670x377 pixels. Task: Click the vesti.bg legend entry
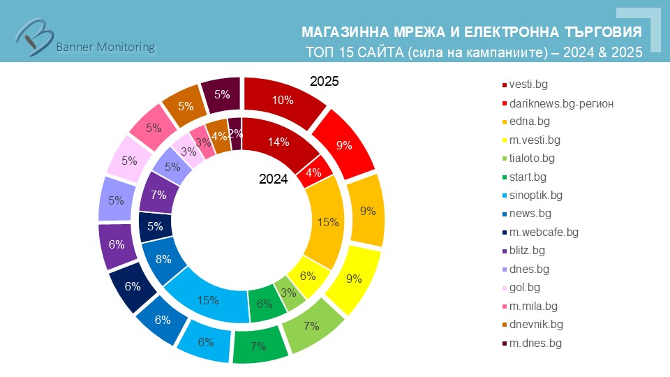coord(528,84)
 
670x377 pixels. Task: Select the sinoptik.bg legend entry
coord(536,195)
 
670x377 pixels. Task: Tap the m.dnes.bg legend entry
coord(535,343)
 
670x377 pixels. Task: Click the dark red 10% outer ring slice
coord(282,101)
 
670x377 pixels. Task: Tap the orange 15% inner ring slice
coord(326,221)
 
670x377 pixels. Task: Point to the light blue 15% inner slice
coord(209,300)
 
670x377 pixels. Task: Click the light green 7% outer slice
coord(311,325)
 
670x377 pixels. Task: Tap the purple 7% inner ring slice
coord(158,195)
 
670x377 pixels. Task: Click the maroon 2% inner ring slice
coord(234,133)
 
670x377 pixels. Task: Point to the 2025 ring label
coord(325,82)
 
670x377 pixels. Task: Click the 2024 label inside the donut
coord(274,179)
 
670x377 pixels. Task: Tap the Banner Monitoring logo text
coord(105,47)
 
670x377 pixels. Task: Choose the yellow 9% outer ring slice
coord(353,279)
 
